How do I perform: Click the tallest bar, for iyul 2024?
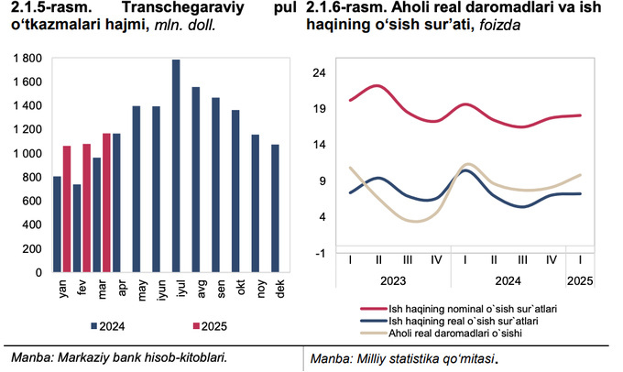point(176,166)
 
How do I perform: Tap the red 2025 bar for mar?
point(106,202)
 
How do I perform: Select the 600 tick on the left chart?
point(32,201)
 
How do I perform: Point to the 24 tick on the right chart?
point(320,72)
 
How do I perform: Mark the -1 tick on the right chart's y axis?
point(321,252)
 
